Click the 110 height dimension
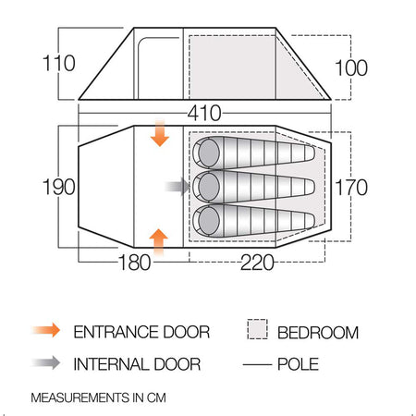[x=58, y=63]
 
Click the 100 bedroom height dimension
[x=351, y=67]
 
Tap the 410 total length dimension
[x=204, y=113]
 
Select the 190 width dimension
[x=58, y=187]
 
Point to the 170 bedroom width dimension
[x=351, y=187]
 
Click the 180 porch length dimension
[x=135, y=263]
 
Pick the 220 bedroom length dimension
[x=257, y=263]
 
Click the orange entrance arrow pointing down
[x=160, y=133]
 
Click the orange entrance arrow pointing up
[x=158, y=242]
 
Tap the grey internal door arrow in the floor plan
[x=177, y=187]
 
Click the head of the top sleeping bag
[x=209, y=153]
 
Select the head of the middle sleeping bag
[x=209, y=187]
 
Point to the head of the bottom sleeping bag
[x=209, y=221]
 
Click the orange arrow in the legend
[x=46, y=330]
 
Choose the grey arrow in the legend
[x=46, y=362]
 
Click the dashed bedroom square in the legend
[x=257, y=329]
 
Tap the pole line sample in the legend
[x=257, y=365]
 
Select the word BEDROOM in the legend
[x=318, y=333]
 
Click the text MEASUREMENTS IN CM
[x=98, y=398]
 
